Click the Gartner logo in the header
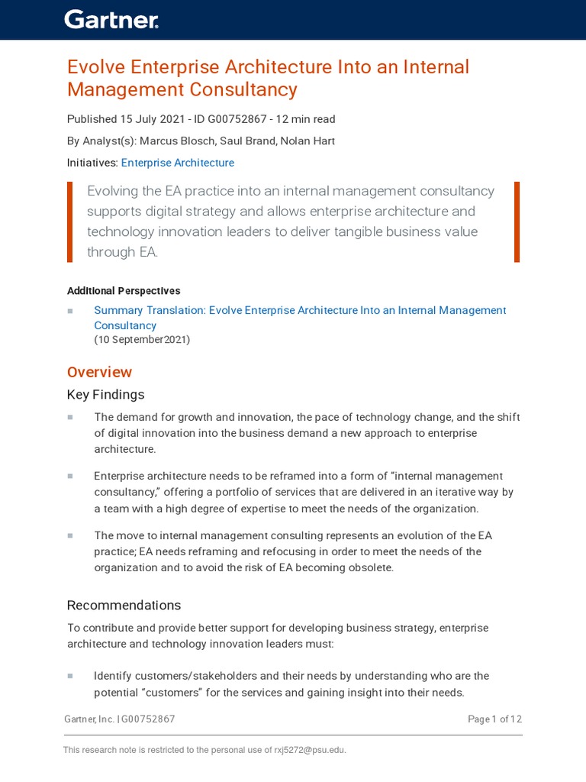[x=111, y=20]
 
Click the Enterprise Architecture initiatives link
[x=178, y=163]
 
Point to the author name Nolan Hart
[x=308, y=141]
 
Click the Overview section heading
[x=99, y=372]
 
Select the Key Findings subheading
[x=105, y=395]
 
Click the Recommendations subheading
[x=124, y=605]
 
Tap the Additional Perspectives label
[x=124, y=291]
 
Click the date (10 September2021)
[x=142, y=340]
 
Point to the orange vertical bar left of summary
[x=70, y=221]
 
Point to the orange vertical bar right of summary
[x=517, y=221]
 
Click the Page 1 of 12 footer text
[x=494, y=719]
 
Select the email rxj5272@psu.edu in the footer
[x=310, y=750]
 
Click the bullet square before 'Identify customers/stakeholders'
[x=70, y=676]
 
